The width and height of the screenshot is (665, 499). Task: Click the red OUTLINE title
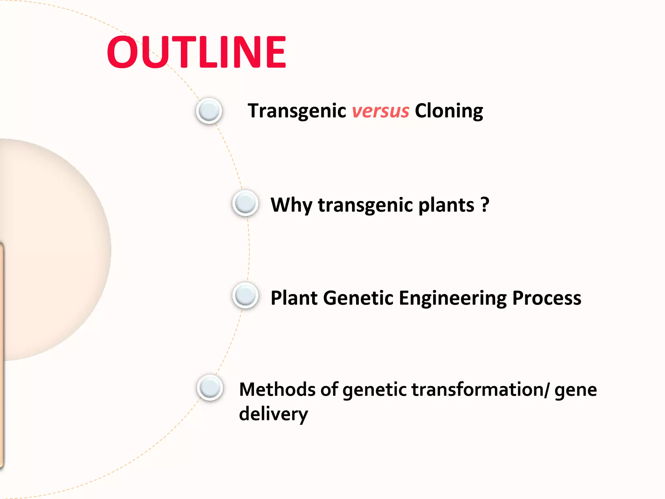(196, 52)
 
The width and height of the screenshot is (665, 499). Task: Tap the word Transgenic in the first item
(297, 111)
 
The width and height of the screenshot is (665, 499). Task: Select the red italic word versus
(380, 111)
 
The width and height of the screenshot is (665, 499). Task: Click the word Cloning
(449, 111)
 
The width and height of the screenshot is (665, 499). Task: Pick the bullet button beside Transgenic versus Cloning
(209, 111)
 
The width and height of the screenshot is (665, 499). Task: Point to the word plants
(446, 205)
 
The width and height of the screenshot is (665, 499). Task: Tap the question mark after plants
(484, 205)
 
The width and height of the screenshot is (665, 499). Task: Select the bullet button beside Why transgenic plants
(245, 203)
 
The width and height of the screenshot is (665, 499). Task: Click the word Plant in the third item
(294, 298)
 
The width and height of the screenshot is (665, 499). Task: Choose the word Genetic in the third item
(358, 298)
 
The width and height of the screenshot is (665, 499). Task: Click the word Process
(546, 298)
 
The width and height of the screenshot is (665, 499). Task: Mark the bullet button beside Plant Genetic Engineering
(245, 296)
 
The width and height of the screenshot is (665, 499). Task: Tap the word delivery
(273, 414)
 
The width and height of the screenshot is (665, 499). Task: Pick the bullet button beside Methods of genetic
(210, 388)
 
